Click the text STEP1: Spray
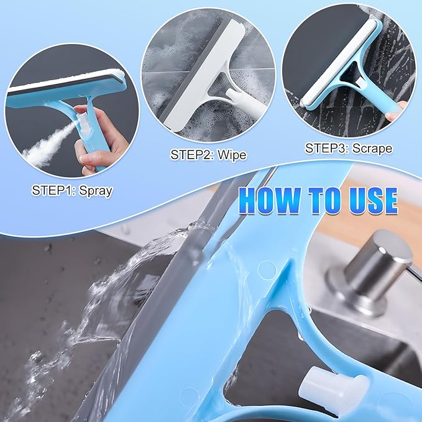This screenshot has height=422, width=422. pyautogui.click(x=71, y=190)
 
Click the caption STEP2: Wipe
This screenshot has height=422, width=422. pyautogui.click(x=208, y=154)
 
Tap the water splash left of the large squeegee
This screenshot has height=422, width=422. pyautogui.click(x=93, y=311)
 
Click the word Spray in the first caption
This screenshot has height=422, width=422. pyautogui.click(x=93, y=190)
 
